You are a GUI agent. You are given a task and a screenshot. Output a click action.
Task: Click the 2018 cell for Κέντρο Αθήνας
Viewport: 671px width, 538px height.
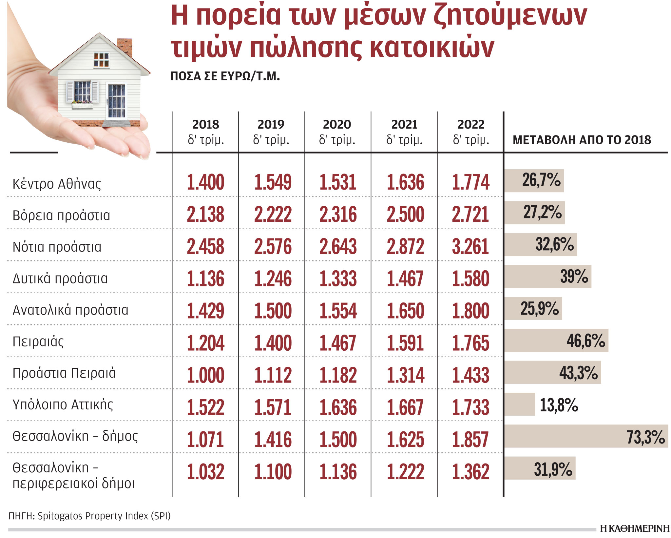pos(205,182)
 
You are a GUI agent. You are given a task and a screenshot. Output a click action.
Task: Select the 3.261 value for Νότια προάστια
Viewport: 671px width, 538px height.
pos(470,247)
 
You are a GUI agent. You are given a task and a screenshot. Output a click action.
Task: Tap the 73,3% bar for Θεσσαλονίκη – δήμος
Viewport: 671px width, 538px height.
pos(585,437)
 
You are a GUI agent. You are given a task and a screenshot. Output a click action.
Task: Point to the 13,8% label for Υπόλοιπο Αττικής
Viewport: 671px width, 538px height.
pos(559,405)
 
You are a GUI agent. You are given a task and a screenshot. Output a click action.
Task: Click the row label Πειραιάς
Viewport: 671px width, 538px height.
pos(38,342)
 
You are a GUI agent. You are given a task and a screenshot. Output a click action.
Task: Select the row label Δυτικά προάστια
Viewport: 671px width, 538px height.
pos(60,279)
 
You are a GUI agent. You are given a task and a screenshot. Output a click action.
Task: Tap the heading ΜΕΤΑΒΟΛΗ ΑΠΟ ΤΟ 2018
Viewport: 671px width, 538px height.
pos(582,140)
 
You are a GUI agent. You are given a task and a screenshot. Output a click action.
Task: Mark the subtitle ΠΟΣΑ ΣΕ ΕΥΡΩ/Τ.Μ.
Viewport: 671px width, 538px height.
pos(225,76)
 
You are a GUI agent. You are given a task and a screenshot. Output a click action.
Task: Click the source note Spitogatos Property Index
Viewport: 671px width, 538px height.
pos(104,516)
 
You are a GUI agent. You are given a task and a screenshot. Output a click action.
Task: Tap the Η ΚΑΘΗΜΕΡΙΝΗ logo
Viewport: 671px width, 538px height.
pos(635,528)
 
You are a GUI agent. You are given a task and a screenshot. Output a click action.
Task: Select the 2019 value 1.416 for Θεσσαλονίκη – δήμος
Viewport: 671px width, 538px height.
pos(273,440)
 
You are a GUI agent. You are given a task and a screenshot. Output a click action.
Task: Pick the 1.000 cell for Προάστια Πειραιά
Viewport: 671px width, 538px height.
pos(205,375)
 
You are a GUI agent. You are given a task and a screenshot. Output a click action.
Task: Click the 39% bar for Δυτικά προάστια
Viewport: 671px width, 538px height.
pos(547,277)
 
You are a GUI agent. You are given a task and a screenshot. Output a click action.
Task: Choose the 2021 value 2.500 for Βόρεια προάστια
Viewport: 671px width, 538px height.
pos(405,215)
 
